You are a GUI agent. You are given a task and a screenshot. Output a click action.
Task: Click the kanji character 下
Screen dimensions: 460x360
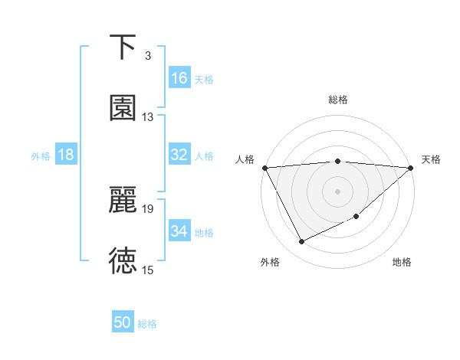pyautogui.click(x=123, y=47)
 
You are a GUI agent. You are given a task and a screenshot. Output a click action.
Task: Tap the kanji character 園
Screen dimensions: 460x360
pyautogui.click(x=123, y=108)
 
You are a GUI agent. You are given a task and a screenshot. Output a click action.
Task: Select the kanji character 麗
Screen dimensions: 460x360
pyautogui.click(x=123, y=200)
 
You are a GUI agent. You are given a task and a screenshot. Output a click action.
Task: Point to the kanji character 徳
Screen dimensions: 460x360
pyautogui.click(x=123, y=261)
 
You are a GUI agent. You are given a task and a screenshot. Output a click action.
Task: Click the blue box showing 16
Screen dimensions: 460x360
pyautogui.click(x=179, y=78)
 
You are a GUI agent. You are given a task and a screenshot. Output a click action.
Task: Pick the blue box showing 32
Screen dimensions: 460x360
pyautogui.click(x=179, y=155)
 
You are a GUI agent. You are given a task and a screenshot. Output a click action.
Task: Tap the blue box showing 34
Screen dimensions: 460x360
pyautogui.click(x=179, y=231)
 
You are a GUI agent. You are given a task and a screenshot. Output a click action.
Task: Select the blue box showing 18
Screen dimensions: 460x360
pyautogui.click(x=66, y=155)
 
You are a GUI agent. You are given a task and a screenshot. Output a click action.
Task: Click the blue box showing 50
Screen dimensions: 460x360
pyautogui.click(x=123, y=322)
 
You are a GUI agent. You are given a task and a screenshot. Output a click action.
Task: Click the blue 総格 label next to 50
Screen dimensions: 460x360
pyautogui.click(x=147, y=324)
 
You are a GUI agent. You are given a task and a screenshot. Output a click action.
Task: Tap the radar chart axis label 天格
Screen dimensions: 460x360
pyautogui.click(x=432, y=159)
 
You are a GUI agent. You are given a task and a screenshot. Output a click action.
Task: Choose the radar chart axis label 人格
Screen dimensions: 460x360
pyautogui.click(x=245, y=159)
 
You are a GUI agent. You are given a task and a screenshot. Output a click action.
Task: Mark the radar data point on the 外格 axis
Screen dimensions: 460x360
pyautogui.click(x=301, y=242)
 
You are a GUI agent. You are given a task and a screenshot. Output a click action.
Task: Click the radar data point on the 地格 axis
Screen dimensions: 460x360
pyautogui.click(x=356, y=217)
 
